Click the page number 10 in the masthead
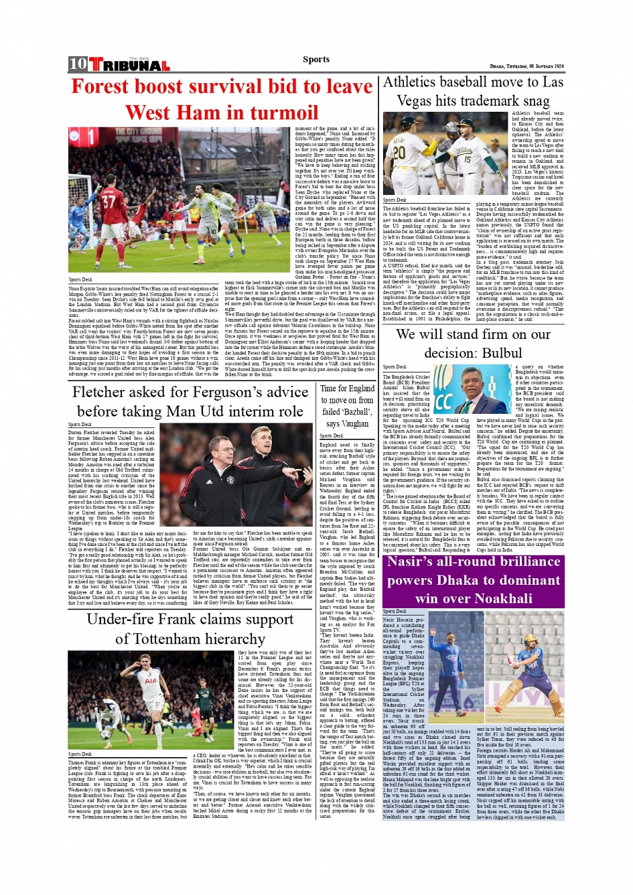(78, 64)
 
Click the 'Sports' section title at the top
(315, 60)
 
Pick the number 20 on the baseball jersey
(399, 152)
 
